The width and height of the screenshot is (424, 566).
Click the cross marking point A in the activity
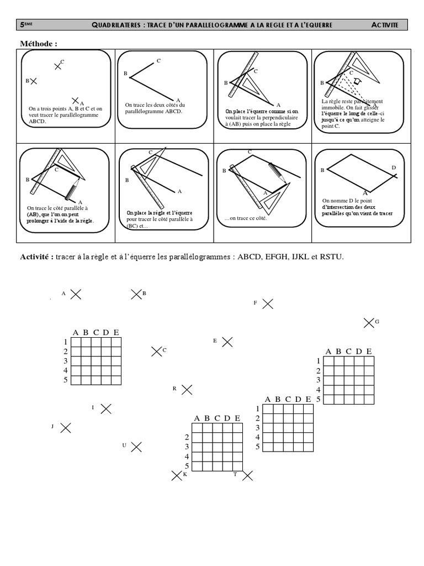(x=76, y=295)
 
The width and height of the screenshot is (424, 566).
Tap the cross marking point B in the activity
(x=136, y=295)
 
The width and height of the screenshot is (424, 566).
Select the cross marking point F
(x=268, y=303)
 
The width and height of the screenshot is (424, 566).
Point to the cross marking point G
(x=369, y=322)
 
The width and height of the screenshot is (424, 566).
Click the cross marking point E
(x=227, y=342)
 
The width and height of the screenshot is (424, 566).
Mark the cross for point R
(x=187, y=390)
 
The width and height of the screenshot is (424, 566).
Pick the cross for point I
(x=106, y=408)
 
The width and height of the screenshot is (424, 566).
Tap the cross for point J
(x=65, y=427)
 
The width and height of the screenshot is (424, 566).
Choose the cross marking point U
(x=136, y=446)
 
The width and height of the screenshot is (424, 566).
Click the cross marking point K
(x=177, y=475)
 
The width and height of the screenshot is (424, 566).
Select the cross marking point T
(x=248, y=475)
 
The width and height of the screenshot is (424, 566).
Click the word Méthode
(x=39, y=44)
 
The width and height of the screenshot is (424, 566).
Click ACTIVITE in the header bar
(x=388, y=25)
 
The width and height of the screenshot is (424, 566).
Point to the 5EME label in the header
(x=25, y=25)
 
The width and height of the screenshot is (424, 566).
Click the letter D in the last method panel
(x=394, y=167)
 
